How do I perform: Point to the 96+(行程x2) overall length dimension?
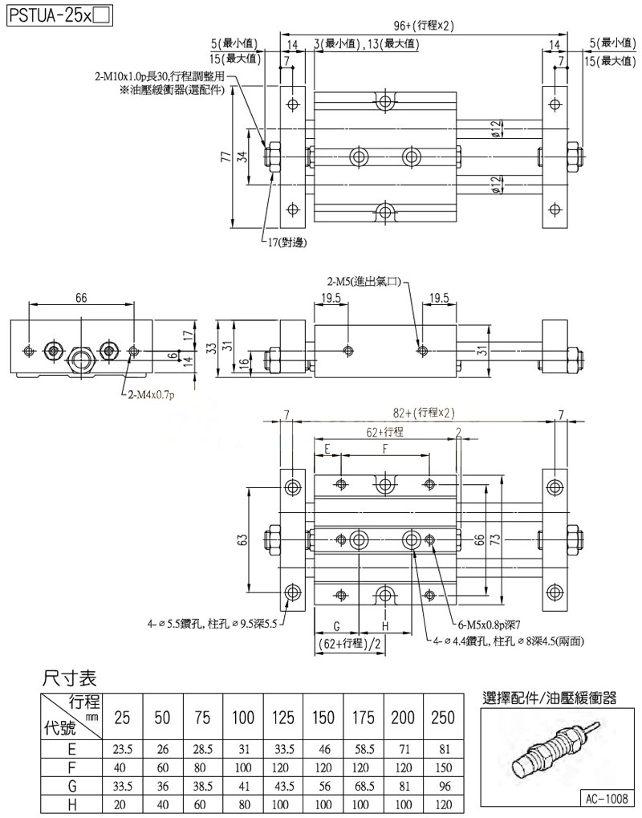(424, 25)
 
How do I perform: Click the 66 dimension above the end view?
(81, 297)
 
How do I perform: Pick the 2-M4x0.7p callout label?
(152, 394)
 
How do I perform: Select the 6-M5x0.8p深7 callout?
(490, 623)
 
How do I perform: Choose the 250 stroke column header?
(443, 716)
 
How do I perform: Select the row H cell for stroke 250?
(443, 803)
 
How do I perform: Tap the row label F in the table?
(71, 767)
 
